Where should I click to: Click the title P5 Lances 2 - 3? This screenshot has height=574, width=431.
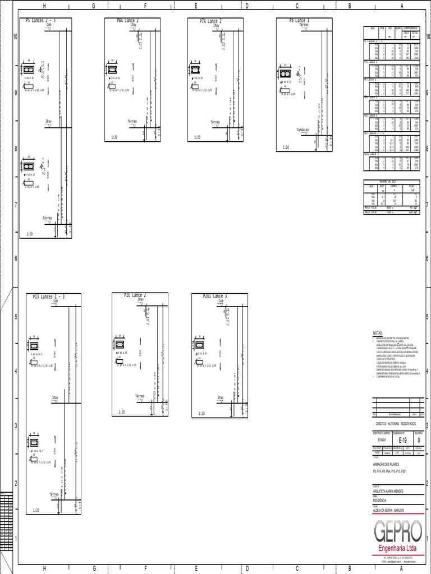(40, 21)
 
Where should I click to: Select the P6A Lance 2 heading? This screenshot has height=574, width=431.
(128, 20)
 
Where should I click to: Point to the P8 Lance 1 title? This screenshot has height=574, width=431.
(299, 20)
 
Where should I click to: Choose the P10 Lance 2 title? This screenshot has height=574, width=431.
(135, 295)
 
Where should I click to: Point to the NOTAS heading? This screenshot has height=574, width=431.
(378, 333)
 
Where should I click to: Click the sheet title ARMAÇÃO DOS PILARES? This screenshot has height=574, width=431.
(387, 465)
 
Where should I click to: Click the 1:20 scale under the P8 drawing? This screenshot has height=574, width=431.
(286, 147)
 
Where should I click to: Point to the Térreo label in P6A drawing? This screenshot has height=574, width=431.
(132, 121)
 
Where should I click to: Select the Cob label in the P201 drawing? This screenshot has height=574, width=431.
(221, 301)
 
